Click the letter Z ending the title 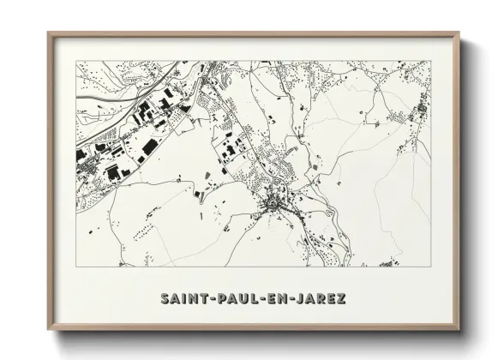[341, 299]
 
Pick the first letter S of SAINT [165, 299]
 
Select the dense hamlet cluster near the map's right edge [420, 111]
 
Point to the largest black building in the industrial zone [149, 147]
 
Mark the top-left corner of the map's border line [76, 61]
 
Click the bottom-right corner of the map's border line [431, 267]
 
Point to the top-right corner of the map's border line [431, 61]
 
